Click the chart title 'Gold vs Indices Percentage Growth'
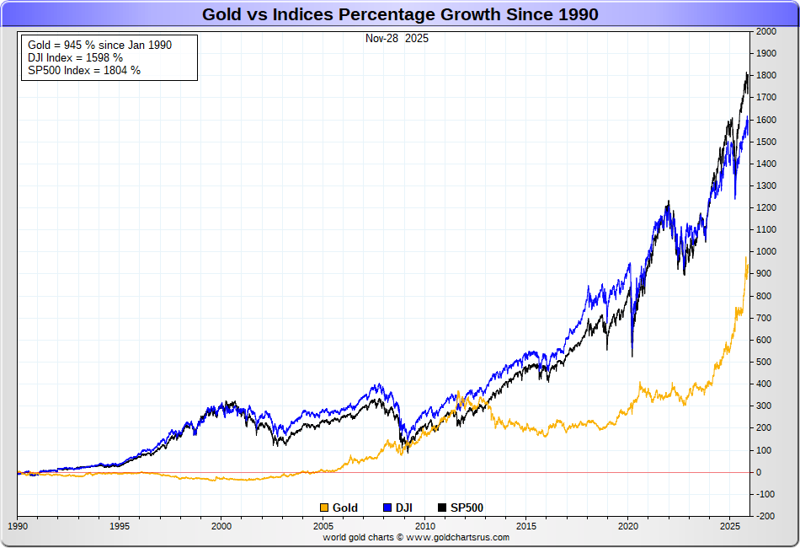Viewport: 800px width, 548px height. pos(400,14)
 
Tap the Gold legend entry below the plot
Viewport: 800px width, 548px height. pos(339,508)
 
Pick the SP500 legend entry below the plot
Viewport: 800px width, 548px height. pos(461,508)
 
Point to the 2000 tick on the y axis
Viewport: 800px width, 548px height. pos(766,31)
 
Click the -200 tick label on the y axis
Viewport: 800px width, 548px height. pos(765,516)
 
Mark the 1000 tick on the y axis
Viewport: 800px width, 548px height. pos(766,251)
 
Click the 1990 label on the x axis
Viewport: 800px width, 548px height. pos(17,525)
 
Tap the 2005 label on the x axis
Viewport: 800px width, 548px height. pos(323,525)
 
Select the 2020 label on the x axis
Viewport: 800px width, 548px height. pos(628,525)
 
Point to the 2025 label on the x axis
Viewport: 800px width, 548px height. pos(730,525)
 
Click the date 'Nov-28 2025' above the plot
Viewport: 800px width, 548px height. pos(397,39)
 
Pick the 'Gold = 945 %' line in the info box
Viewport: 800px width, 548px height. pos(99,45)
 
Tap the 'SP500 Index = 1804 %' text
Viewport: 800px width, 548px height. pos(84,70)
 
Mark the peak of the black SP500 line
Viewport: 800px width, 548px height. pos(747,74)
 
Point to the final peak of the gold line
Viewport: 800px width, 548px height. pos(747,258)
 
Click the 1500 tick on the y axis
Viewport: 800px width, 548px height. pos(766,142)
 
